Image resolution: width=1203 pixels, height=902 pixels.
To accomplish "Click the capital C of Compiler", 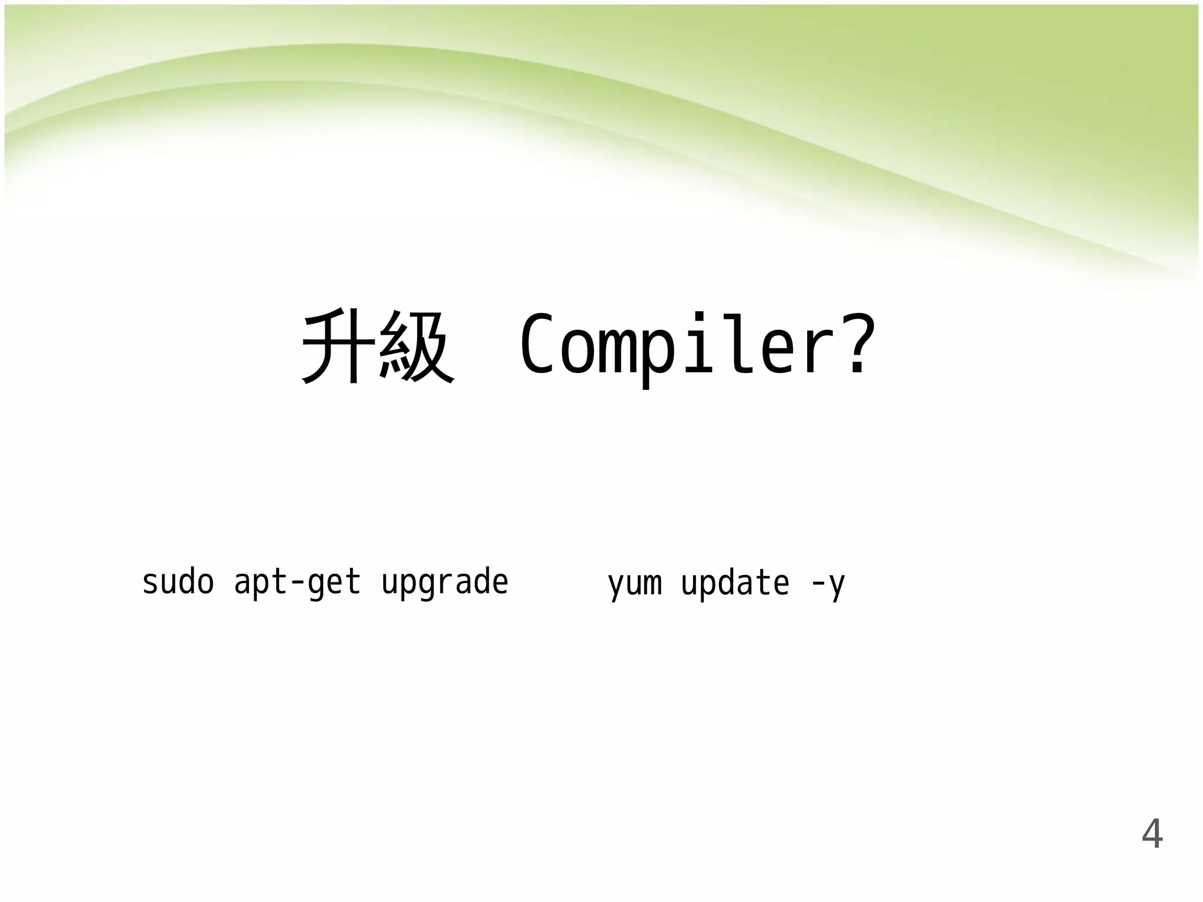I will (x=537, y=345).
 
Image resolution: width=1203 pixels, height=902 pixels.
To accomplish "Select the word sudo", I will (x=178, y=583).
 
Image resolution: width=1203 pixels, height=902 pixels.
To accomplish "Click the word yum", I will (x=635, y=585).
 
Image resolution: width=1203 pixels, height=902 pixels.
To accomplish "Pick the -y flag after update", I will (x=828, y=585).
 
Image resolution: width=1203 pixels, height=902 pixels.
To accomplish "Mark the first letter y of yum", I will (x=616, y=586).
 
